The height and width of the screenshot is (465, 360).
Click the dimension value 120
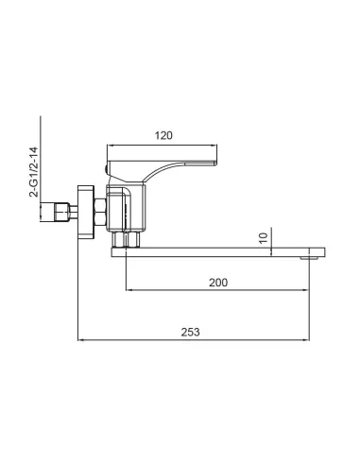point(163,136)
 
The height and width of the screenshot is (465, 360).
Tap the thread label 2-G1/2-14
point(34,170)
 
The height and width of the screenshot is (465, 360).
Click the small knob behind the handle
point(107,168)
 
